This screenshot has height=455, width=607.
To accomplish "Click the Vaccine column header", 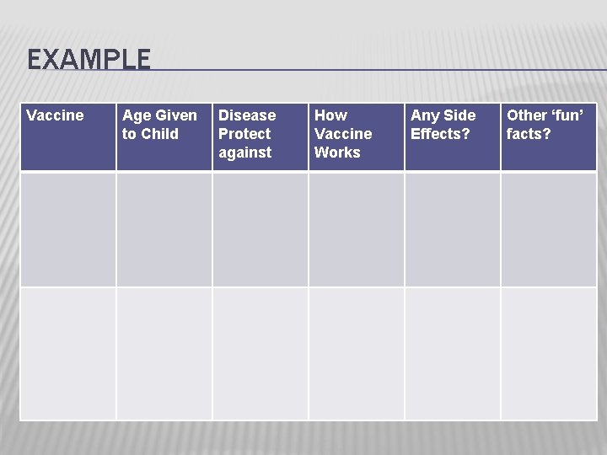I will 55,115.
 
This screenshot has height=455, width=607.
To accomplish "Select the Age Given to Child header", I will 159,125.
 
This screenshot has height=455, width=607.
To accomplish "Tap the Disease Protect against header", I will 246,133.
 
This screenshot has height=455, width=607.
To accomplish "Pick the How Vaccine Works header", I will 342,133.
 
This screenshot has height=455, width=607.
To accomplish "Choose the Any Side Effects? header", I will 443,125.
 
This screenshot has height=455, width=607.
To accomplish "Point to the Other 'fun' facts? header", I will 545,125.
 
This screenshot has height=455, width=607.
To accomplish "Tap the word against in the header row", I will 244,153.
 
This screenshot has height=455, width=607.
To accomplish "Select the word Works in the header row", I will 337,153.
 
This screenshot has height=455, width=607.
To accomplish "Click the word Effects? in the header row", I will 440,134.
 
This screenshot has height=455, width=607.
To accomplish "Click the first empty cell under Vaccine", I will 68,229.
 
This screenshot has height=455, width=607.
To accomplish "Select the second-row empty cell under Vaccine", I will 68,353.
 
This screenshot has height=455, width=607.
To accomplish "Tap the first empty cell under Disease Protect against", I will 261,229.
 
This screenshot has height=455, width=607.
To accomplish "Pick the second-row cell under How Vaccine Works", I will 357,353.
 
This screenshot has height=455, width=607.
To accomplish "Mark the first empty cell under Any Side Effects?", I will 453,229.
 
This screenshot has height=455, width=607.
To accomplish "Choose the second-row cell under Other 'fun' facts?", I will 549,353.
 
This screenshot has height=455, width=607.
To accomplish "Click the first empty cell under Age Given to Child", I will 164,229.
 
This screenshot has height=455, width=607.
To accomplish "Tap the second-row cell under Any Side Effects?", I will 453,353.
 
